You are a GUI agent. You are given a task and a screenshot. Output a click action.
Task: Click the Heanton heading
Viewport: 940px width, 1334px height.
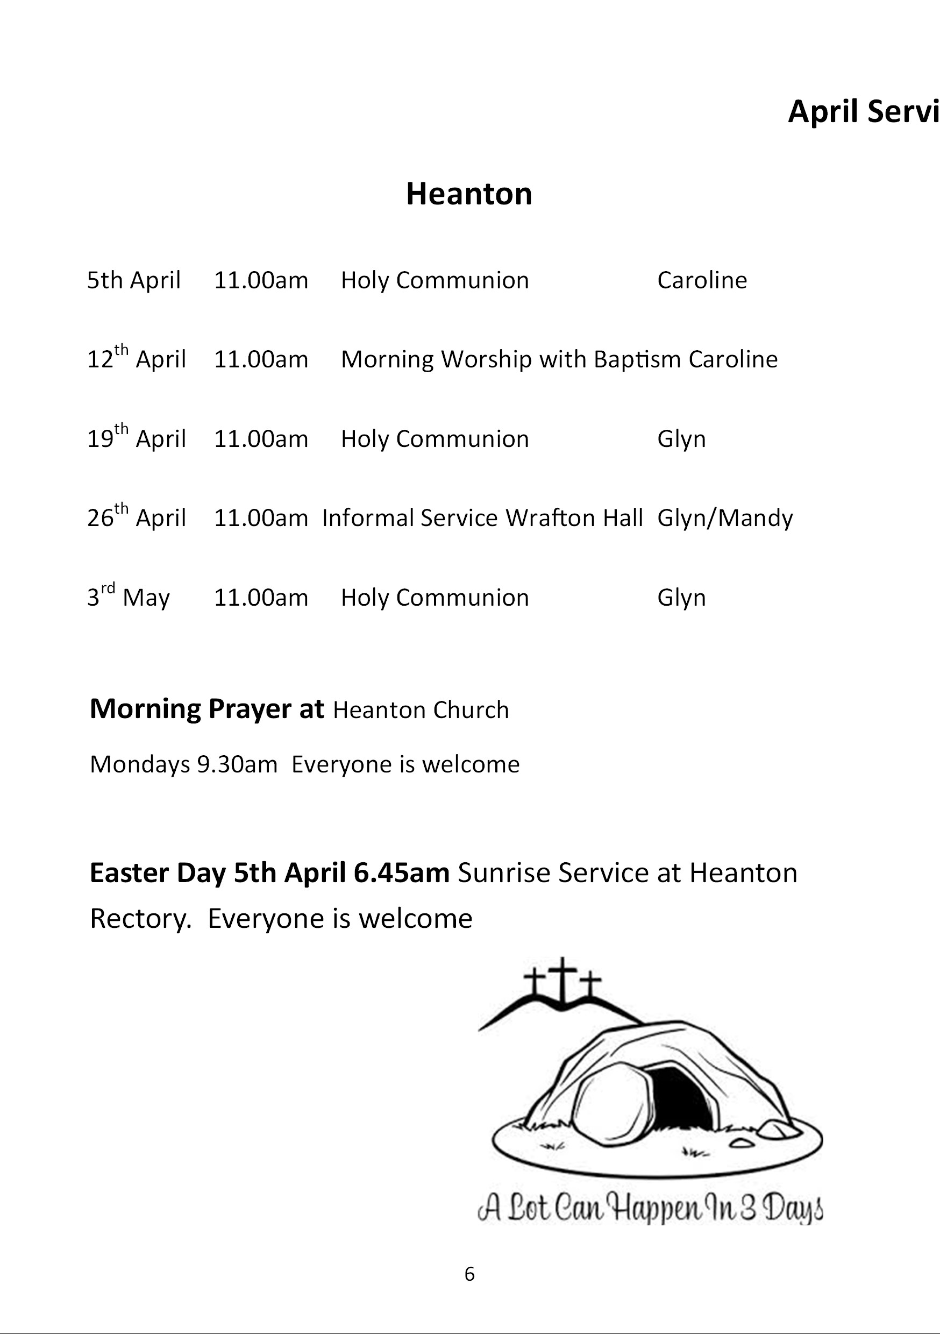469,194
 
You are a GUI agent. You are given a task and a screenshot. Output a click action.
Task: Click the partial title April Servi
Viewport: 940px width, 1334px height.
863,111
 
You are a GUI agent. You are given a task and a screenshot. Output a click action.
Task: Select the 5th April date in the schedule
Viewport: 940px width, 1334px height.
133,280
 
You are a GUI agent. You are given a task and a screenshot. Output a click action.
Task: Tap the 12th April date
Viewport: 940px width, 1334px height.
137,358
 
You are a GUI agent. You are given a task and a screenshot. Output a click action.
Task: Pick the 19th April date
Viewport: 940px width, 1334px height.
137,437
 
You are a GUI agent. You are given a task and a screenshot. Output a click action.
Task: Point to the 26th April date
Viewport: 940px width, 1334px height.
137,516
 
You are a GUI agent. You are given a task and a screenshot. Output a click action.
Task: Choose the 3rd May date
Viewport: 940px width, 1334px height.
129,596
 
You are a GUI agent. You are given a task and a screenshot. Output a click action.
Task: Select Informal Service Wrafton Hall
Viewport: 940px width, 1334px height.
482,517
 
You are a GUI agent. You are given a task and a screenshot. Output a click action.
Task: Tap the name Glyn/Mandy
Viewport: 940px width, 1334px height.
724,517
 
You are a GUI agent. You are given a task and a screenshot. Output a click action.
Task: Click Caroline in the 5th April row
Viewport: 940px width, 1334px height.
702,280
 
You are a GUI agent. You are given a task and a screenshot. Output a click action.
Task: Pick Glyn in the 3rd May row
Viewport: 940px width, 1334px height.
681,597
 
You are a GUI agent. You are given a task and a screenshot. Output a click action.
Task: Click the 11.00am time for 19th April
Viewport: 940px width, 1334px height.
261,439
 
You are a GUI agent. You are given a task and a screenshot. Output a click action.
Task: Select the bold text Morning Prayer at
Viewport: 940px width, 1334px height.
206,709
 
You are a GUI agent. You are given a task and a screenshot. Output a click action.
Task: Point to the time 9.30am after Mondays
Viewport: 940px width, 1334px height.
237,764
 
